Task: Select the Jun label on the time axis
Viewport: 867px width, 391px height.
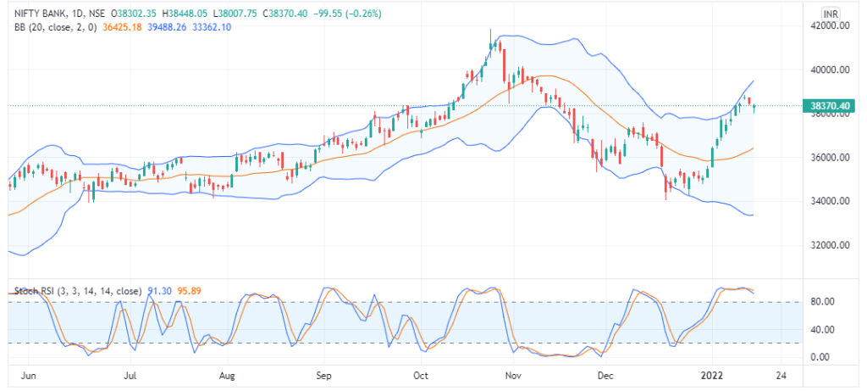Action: [29, 374]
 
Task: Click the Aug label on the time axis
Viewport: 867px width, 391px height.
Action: [226, 374]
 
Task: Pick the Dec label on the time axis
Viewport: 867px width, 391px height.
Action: [605, 374]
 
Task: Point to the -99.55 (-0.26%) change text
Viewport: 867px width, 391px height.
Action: [346, 14]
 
